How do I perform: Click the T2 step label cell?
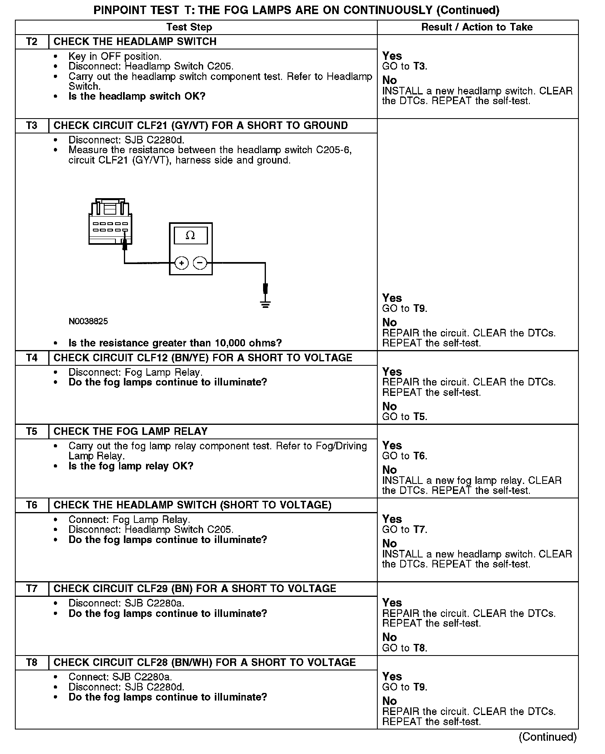click(x=32, y=42)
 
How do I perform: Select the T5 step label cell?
click(x=32, y=431)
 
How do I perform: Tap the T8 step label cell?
click(x=32, y=662)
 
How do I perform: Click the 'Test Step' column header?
click(x=189, y=27)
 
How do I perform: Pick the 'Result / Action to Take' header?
click(x=477, y=27)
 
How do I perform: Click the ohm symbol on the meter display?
click(x=190, y=236)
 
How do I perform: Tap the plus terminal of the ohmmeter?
click(x=182, y=263)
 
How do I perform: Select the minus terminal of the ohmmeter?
click(x=200, y=263)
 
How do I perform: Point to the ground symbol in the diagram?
click(x=265, y=303)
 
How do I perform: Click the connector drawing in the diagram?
click(x=110, y=221)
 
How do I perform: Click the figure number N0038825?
click(x=88, y=321)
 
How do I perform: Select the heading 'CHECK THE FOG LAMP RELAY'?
click(x=130, y=431)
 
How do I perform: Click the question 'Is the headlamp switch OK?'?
click(x=137, y=96)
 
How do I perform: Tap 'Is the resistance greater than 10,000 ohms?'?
click(x=175, y=343)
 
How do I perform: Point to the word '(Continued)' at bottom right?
click(x=547, y=736)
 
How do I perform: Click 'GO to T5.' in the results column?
click(x=405, y=416)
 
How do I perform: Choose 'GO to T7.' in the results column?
click(x=405, y=529)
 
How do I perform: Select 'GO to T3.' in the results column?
click(x=405, y=66)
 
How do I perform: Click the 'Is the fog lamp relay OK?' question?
click(x=131, y=466)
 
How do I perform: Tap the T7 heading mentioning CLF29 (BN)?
click(x=195, y=588)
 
